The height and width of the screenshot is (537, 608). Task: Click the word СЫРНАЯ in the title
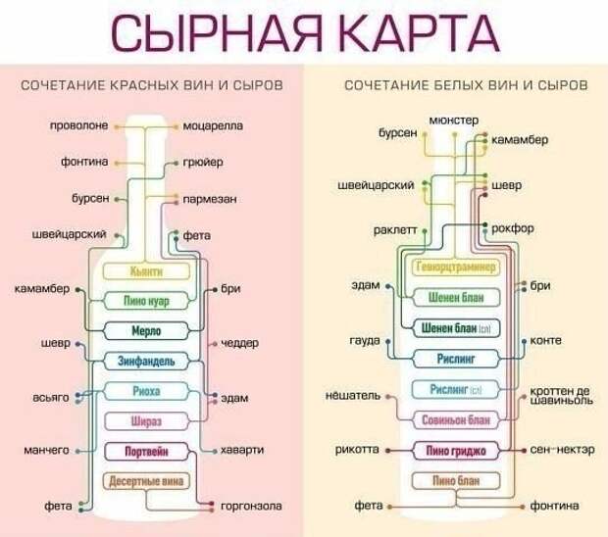click(217, 33)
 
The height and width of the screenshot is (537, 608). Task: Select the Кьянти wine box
click(146, 271)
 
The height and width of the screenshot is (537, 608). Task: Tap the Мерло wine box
click(146, 331)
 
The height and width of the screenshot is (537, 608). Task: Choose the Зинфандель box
click(146, 361)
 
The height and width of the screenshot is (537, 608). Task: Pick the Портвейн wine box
click(146, 452)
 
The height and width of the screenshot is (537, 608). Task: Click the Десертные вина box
click(146, 481)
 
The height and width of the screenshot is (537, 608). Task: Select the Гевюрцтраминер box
click(456, 267)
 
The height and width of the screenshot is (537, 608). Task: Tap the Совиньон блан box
click(456, 420)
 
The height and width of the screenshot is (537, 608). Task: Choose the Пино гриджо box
click(456, 451)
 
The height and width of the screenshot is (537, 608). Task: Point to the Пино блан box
click(456, 481)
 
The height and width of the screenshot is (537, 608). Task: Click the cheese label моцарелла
click(213, 125)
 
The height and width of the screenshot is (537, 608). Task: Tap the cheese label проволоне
click(78, 125)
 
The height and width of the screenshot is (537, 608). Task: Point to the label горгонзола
click(251, 506)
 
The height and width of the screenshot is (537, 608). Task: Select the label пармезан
click(210, 199)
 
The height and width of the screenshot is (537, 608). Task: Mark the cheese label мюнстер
click(454, 121)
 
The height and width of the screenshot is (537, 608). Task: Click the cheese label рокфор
click(513, 228)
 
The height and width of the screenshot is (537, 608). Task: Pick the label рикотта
click(357, 450)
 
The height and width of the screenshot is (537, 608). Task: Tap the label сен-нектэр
click(562, 450)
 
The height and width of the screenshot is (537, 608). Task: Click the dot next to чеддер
click(215, 344)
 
